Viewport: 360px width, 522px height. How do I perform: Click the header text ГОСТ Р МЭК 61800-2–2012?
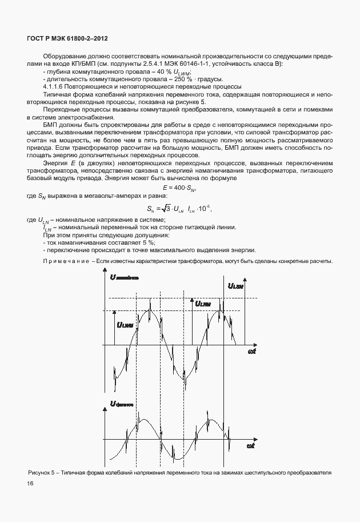click(x=67, y=38)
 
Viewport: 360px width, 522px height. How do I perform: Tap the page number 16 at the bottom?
click(x=29, y=484)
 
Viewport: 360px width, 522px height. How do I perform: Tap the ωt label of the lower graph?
click(x=250, y=445)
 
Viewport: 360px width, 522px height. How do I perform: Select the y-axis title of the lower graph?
click(x=122, y=404)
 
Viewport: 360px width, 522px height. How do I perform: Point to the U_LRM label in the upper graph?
click(x=203, y=304)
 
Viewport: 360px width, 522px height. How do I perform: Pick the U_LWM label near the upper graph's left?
click(x=124, y=324)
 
